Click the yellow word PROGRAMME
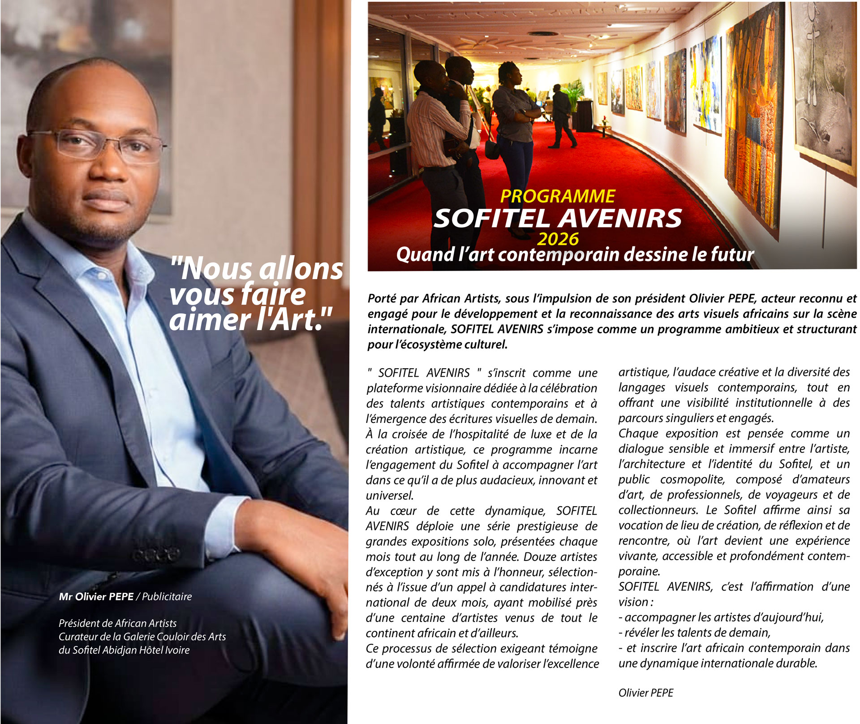pos(557,196)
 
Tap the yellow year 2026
pos(558,239)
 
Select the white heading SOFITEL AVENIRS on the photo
pos(557,218)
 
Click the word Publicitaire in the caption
pos(167,597)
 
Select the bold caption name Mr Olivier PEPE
pos(96,597)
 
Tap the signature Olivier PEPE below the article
pos(645,693)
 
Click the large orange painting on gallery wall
pos(752,121)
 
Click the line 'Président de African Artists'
pos(117,623)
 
